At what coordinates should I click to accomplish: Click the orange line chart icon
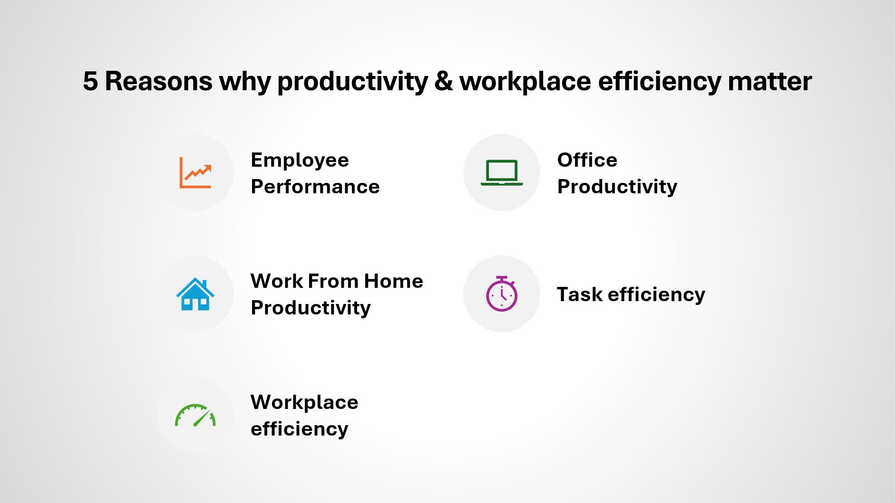(195, 173)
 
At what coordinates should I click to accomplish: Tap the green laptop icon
(502, 173)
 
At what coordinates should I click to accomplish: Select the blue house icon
(195, 294)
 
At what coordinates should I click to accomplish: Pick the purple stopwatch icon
(502, 294)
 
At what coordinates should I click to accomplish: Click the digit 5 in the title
(90, 81)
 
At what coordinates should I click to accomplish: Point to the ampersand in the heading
(443, 81)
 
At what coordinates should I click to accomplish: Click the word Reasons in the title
(158, 81)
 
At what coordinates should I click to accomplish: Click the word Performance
(315, 187)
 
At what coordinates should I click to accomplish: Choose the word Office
(587, 160)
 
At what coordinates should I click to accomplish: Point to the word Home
(393, 281)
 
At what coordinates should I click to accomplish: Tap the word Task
(580, 294)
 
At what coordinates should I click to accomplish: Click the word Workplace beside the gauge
(304, 403)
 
